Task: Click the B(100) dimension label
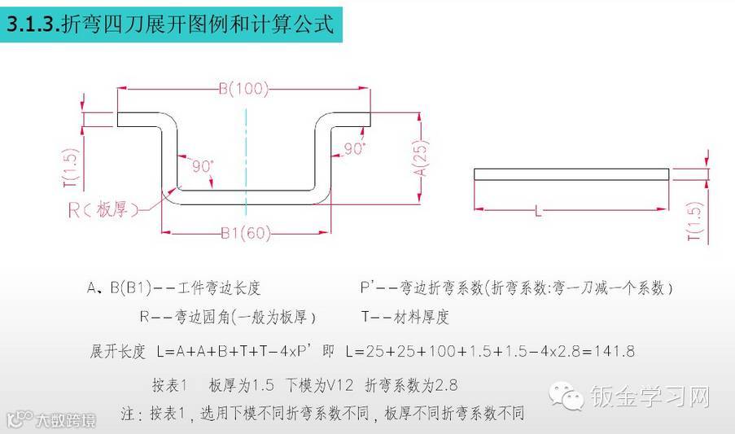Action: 244,90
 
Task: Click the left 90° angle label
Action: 203,165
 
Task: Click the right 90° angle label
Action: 353,149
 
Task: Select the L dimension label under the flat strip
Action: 538,212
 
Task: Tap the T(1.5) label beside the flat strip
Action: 694,221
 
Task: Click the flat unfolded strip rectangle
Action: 571,173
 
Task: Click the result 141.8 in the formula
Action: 615,352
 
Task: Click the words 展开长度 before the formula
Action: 117,352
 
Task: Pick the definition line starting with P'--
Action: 517,287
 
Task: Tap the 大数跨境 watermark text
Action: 65,421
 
